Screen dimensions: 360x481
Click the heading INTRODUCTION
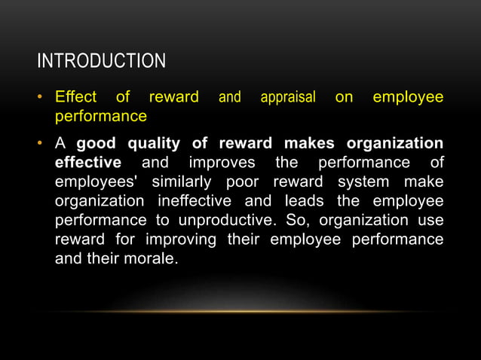click(101, 60)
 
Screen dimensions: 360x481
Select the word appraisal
click(287, 98)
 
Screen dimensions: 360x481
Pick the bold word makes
click(308, 144)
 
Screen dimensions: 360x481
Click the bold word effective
click(87, 163)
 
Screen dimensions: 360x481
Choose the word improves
click(221, 163)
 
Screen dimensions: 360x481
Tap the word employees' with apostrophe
click(98, 183)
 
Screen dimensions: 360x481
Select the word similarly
click(184, 183)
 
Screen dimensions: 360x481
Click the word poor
click(244, 183)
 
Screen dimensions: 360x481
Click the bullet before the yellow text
click(44, 98)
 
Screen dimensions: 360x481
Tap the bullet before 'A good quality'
click(44, 144)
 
